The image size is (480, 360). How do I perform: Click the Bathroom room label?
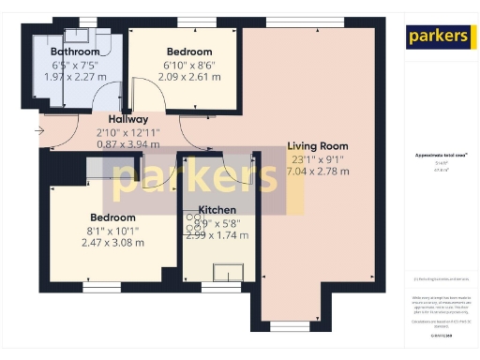coord(75,52)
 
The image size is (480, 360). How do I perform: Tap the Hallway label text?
coord(127,120)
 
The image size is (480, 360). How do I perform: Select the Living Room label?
coord(317,146)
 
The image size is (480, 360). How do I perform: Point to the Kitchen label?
coord(217,210)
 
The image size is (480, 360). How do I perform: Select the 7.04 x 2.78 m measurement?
coord(317,172)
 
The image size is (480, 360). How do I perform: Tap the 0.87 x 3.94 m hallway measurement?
coord(127,145)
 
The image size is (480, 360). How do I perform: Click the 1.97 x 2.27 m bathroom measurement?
coord(75,77)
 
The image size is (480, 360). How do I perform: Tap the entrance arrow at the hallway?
coord(39,130)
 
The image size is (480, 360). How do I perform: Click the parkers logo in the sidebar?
coord(437,37)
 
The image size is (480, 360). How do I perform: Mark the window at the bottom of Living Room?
coord(278,327)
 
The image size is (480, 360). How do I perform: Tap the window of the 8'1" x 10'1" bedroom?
coord(102,286)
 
